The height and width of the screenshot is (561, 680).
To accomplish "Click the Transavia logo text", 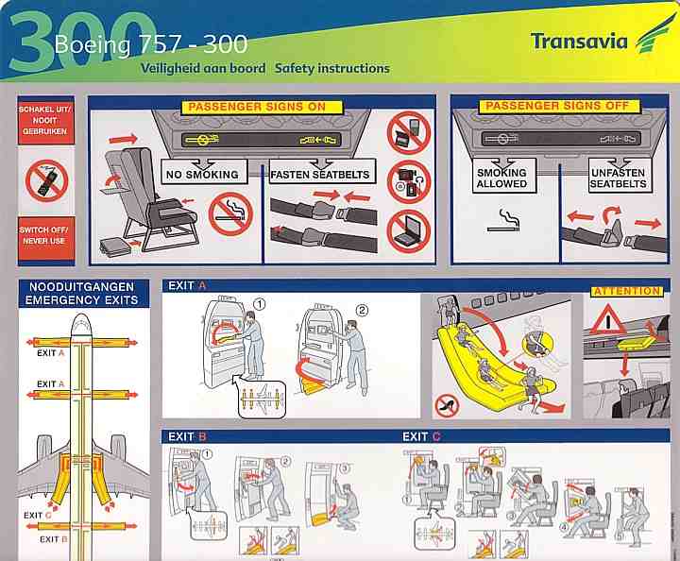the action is (x=579, y=42).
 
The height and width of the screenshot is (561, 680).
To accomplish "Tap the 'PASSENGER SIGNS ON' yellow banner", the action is (x=257, y=107).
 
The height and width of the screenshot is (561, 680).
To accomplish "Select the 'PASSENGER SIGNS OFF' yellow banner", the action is (x=557, y=106).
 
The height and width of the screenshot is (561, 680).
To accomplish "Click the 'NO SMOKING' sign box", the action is (x=202, y=172).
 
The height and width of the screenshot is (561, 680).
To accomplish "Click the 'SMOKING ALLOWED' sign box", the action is (x=502, y=176).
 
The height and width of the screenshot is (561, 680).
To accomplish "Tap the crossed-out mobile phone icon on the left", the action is (x=47, y=180).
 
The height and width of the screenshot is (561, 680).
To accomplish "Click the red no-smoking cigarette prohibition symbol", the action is (x=230, y=213).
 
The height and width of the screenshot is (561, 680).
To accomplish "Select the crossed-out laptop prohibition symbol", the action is (x=409, y=231).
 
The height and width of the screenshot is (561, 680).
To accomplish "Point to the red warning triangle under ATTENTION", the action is (x=608, y=319).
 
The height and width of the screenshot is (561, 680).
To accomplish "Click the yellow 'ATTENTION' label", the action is (x=627, y=291).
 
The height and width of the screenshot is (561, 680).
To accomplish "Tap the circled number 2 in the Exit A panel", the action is (x=362, y=311).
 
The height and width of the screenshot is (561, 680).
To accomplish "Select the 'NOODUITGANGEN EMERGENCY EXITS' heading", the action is (x=81, y=294).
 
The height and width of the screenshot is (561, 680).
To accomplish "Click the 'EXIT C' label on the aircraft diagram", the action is (x=38, y=515).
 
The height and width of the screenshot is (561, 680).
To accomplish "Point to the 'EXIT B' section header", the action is (x=187, y=436).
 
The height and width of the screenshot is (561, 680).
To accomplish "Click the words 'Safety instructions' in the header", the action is (x=332, y=69).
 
